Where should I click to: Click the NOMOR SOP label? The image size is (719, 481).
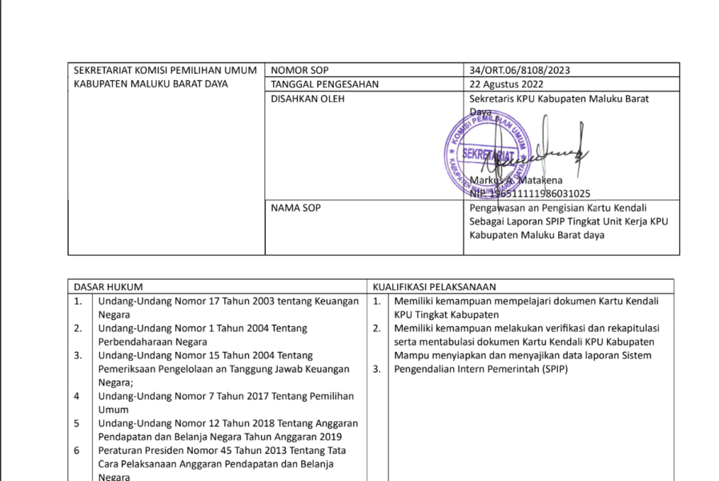299,71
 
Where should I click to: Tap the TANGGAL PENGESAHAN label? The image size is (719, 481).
324,84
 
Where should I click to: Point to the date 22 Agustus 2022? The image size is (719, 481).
507,84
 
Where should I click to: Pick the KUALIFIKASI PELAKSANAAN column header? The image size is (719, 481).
433,286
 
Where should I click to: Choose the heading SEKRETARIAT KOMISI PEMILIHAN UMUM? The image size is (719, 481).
165,71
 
